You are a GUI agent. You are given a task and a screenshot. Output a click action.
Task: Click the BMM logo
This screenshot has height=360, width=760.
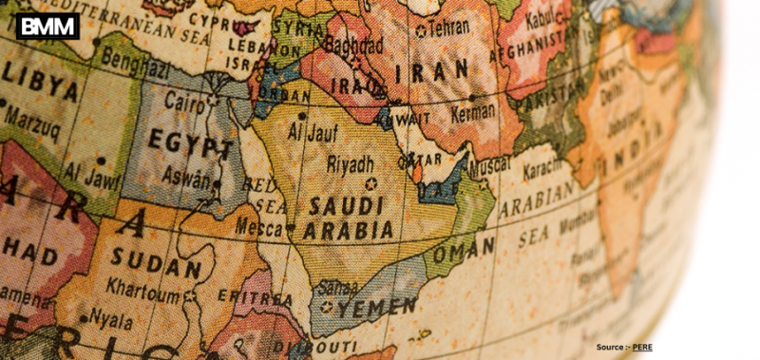click(47, 26)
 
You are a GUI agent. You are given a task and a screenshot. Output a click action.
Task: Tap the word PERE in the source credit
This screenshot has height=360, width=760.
click(642, 348)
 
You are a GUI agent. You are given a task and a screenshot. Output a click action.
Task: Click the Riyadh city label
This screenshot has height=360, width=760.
click(350, 164)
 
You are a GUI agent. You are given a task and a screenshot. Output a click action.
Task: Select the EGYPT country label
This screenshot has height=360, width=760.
click(190, 145)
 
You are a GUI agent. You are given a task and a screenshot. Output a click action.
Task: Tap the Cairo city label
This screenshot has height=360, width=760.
click(185, 102)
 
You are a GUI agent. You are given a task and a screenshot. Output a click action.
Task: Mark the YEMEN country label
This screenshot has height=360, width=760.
click(378, 307)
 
